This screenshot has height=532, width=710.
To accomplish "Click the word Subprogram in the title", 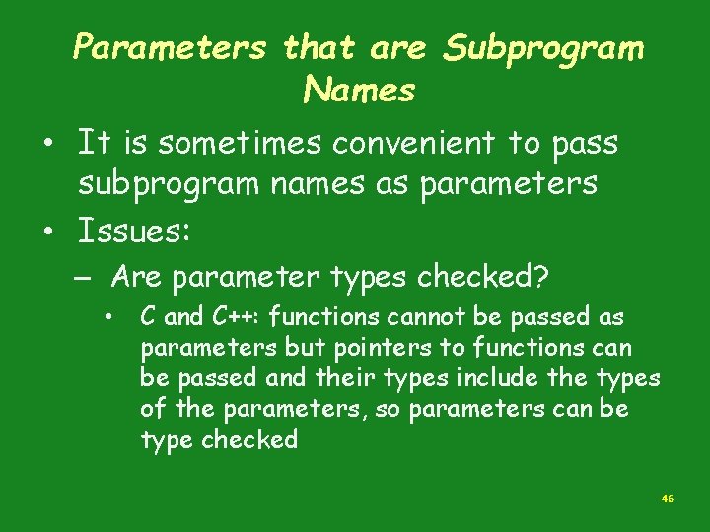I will (543, 48).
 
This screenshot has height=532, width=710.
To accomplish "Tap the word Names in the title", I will (360, 92).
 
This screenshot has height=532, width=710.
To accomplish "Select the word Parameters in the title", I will (170, 47).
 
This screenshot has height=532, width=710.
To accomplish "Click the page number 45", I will (668, 499).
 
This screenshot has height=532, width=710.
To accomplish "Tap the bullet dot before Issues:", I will (46, 233).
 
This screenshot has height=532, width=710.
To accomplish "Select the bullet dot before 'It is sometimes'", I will (46, 145).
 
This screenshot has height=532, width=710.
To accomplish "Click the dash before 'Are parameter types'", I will (88, 279).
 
